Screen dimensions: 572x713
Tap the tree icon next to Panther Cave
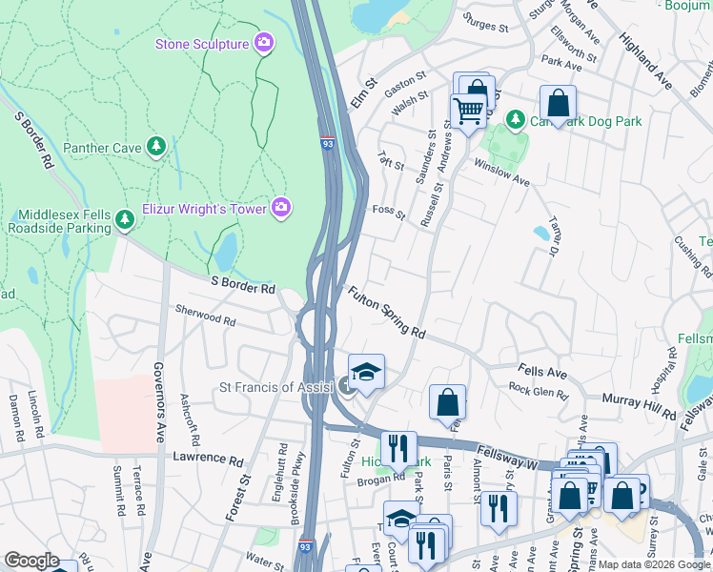156,147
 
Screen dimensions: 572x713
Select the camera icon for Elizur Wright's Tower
280,207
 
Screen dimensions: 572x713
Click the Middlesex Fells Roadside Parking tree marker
124,221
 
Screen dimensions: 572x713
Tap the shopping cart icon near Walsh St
467,112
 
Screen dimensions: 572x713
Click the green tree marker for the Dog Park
515,120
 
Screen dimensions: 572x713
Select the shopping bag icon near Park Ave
557,102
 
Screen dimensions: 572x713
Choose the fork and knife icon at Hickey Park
398,448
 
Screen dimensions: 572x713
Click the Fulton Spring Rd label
386,313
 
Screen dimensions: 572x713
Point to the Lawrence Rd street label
208,459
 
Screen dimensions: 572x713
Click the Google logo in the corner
31,561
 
